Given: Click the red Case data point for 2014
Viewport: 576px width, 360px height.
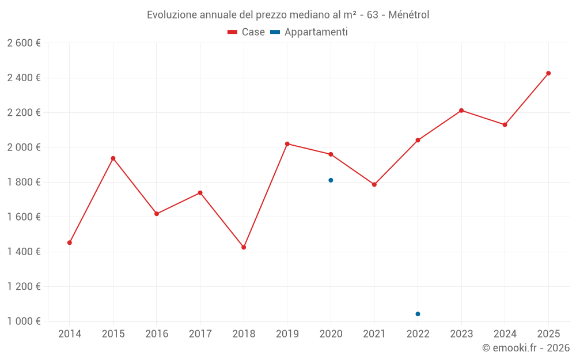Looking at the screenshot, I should pyautogui.click(x=70, y=242).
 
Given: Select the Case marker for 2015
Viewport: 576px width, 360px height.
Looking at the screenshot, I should pyautogui.click(x=113, y=158).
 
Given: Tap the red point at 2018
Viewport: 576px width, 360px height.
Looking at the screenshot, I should pyautogui.click(x=244, y=247).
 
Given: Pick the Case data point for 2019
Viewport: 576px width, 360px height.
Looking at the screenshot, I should pyautogui.click(x=287, y=143).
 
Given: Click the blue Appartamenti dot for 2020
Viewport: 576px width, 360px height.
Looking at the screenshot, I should pyautogui.click(x=331, y=180).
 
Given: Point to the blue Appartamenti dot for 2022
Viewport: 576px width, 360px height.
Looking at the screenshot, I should pyautogui.click(x=418, y=314).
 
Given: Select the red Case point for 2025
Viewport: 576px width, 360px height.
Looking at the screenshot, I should pyautogui.click(x=548, y=73).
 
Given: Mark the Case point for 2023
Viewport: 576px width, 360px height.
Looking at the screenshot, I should pyautogui.click(x=461, y=111).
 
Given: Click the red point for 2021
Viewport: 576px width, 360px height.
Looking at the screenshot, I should pyautogui.click(x=374, y=184).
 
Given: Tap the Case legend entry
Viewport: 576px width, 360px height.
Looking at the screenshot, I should pyautogui.click(x=246, y=32).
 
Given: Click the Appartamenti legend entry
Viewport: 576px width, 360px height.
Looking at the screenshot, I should pyautogui.click(x=309, y=32).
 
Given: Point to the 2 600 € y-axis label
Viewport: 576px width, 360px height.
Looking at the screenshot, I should pyautogui.click(x=24, y=43).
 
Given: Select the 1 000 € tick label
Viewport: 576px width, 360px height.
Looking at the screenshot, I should pyautogui.click(x=24, y=321).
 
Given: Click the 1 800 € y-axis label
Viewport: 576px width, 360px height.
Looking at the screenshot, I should pyautogui.click(x=24, y=182).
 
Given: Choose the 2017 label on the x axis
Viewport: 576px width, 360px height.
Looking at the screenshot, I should pyautogui.click(x=200, y=334).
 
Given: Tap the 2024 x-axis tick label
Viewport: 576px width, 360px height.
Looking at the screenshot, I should pyautogui.click(x=505, y=334).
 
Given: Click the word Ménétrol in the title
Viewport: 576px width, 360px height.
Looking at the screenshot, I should pyautogui.click(x=409, y=15).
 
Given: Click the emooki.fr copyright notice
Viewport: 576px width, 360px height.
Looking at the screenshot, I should pyautogui.click(x=526, y=348).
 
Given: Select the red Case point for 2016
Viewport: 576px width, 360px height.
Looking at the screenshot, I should pyautogui.click(x=157, y=214).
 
